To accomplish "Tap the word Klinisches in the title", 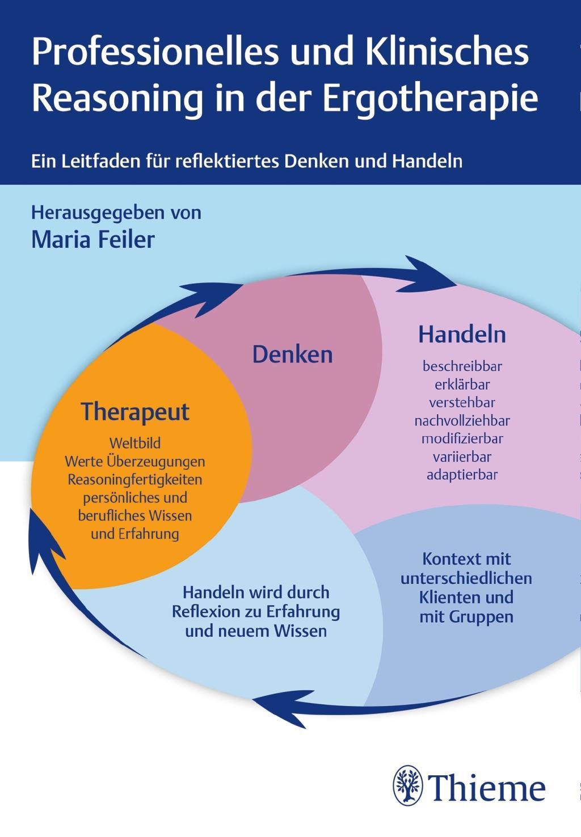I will pyautogui.click(x=447, y=52).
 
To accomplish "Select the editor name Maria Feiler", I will pyautogui.click(x=92, y=239).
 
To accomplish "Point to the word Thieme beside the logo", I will pyautogui.click(x=487, y=788).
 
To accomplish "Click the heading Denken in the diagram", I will pyautogui.click(x=292, y=354).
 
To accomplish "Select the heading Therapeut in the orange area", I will pyautogui.click(x=135, y=412).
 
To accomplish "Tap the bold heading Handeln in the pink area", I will pyautogui.click(x=462, y=334).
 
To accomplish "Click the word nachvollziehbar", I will pyautogui.click(x=462, y=420).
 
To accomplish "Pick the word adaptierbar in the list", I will pyautogui.click(x=462, y=475).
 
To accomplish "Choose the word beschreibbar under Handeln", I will pyautogui.click(x=462, y=366).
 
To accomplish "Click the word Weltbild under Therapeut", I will pyautogui.click(x=135, y=443).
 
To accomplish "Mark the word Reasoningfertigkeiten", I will pyautogui.click(x=135, y=479).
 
